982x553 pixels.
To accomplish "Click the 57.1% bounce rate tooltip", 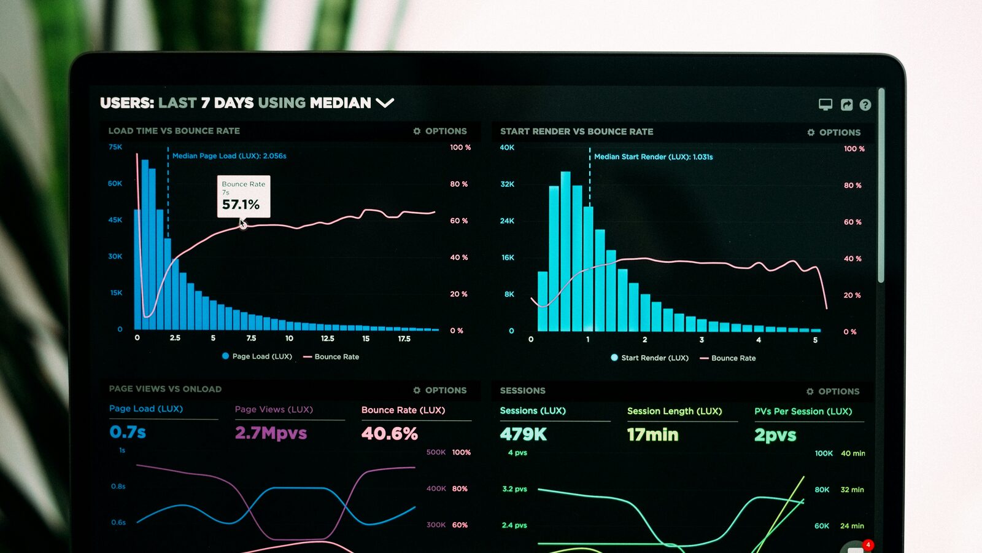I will point(243,197).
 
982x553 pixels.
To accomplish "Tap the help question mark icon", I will point(865,105).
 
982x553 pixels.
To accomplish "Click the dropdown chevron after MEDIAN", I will point(385,103).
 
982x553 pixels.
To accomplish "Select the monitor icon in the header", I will point(825,104).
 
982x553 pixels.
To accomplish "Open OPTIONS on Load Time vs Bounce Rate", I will point(440,131).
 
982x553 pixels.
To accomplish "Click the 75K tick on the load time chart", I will point(115,147).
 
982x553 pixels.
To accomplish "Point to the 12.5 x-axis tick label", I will point(327,339).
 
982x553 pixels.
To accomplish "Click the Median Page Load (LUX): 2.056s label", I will point(229,156).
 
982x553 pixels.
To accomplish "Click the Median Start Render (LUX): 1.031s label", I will point(653,157).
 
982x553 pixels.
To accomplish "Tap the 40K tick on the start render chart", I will point(507,147).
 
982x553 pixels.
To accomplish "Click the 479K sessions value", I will point(523,434).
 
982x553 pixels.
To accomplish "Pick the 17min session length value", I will point(652,435).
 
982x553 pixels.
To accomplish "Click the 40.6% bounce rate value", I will point(389,434).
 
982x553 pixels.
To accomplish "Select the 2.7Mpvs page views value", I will point(271,433).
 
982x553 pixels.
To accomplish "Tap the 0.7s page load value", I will point(128,433).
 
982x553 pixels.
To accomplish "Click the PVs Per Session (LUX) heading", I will point(803,412).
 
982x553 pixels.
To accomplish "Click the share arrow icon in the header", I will point(846,105).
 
